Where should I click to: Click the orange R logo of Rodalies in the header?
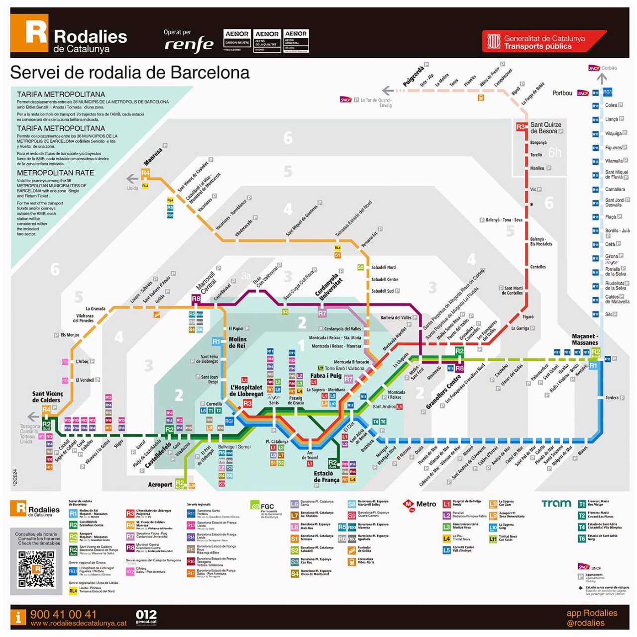click(x=29, y=33)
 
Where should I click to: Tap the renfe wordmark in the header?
click(x=189, y=44)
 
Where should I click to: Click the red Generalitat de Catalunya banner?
click(x=542, y=42)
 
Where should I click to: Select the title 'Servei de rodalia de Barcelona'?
click(x=130, y=73)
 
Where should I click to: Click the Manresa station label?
click(x=153, y=156)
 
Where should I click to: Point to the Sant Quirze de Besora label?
click(x=545, y=128)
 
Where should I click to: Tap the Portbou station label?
click(x=562, y=93)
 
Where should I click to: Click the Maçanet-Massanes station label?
click(x=585, y=339)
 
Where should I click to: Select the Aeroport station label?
click(x=160, y=484)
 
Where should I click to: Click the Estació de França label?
click(x=326, y=476)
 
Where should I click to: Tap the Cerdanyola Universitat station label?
click(x=328, y=286)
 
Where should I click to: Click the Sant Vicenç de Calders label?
click(x=47, y=397)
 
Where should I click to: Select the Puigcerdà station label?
click(x=413, y=76)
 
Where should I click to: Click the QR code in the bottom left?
click(x=36, y=568)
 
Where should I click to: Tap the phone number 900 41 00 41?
click(x=63, y=614)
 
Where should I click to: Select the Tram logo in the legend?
click(x=556, y=504)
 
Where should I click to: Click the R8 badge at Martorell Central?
click(x=196, y=299)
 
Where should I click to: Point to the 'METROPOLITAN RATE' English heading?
click(x=55, y=173)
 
